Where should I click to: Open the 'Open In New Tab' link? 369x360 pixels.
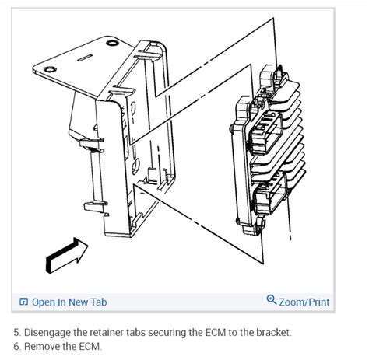tap(69, 302)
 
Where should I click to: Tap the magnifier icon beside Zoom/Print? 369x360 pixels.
tap(271, 301)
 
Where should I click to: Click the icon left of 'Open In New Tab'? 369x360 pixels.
tap(23, 302)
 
